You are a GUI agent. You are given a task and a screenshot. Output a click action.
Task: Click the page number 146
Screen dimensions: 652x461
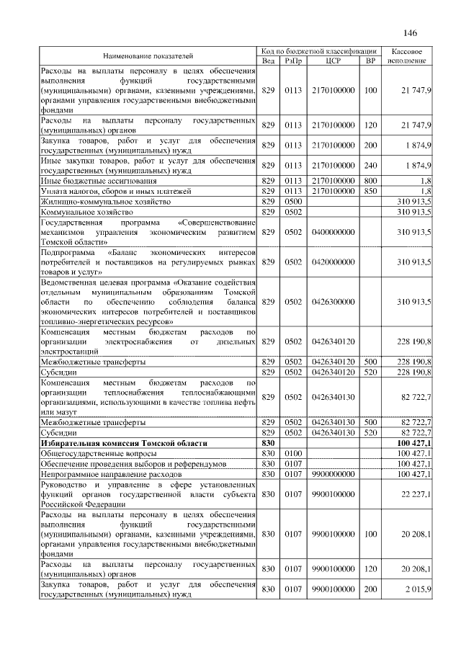coord(411,33)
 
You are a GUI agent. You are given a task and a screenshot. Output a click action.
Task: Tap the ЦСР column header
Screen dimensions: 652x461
coord(333,61)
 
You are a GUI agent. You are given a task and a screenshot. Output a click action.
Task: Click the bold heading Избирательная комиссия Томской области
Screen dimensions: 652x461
coord(124,442)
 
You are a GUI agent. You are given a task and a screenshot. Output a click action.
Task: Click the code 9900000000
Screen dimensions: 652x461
coord(333,475)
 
